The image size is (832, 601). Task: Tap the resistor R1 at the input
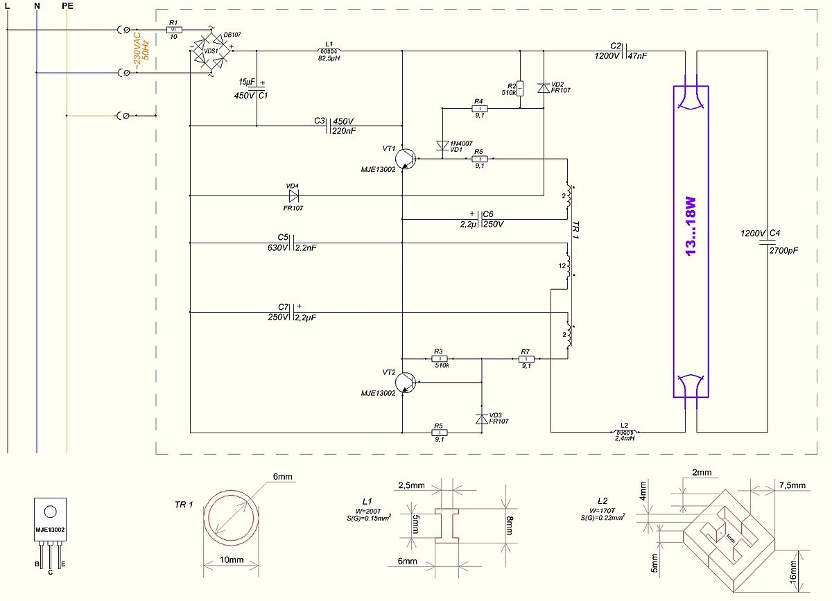(x=174, y=30)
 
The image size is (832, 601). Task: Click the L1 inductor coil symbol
(x=328, y=51)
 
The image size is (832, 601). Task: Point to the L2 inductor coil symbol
(x=624, y=432)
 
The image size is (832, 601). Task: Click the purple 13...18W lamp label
(x=691, y=225)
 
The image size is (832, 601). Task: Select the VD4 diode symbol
(x=292, y=195)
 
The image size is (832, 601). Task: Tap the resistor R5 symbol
(x=439, y=432)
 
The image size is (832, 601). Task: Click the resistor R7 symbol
(x=526, y=359)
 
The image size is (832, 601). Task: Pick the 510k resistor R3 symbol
(x=439, y=359)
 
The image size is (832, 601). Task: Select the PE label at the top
(x=67, y=6)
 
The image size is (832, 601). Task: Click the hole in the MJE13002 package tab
(x=50, y=512)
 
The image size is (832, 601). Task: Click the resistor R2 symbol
(x=520, y=88)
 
